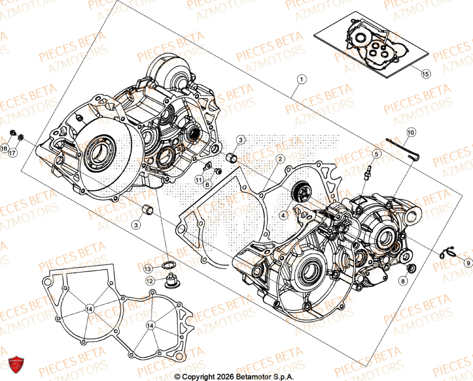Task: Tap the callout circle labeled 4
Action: (283, 215)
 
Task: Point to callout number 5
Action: (377, 154)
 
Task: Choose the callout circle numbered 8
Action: (403, 281)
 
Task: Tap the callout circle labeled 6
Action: (207, 185)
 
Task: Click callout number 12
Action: (150, 281)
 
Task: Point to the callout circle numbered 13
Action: (149, 268)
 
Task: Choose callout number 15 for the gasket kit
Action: (425, 74)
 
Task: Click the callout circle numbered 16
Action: (4, 149)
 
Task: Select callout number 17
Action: (13, 152)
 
